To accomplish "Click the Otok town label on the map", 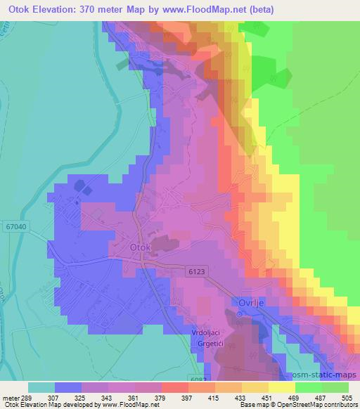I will [x=141, y=247].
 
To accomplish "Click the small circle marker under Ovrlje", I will [x=239, y=314].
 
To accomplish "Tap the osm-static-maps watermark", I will [x=326, y=375].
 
